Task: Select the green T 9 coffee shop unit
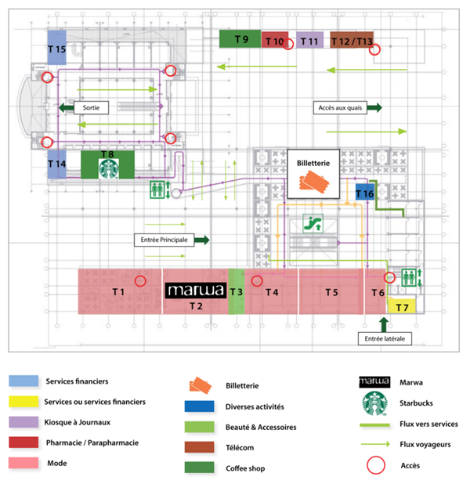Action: (x=240, y=38)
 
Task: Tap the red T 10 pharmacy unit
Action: (x=275, y=41)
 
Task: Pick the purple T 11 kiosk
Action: (x=309, y=41)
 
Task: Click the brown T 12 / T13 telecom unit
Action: (x=352, y=41)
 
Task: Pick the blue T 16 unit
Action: (x=365, y=193)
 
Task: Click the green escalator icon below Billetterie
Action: (x=311, y=223)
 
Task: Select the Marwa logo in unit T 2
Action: (x=196, y=291)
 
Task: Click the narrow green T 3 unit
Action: (x=236, y=291)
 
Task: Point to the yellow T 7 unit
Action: (x=401, y=306)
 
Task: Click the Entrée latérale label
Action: (x=383, y=338)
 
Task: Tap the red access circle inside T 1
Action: (x=140, y=280)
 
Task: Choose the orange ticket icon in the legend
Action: (x=202, y=384)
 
